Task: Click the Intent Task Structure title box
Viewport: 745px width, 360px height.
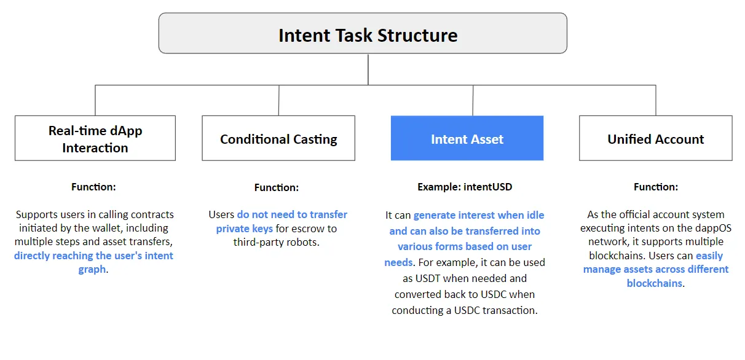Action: click(363, 33)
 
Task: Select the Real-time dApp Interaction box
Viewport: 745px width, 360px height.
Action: click(95, 138)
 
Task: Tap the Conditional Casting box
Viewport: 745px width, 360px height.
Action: click(278, 138)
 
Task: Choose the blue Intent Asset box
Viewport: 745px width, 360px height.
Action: click(467, 138)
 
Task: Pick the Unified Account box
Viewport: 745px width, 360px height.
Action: click(655, 138)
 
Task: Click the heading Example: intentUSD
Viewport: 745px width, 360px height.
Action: click(465, 187)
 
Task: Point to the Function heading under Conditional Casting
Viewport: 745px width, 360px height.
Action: click(277, 187)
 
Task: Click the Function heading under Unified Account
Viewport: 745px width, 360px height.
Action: click(655, 187)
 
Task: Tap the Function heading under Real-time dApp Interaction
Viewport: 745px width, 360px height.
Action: click(93, 187)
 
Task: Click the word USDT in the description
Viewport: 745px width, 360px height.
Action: click(428, 278)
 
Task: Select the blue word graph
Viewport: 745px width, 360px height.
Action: click(92, 270)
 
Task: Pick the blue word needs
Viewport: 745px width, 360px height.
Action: click(398, 262)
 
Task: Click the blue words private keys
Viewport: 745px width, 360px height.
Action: click(245, 229)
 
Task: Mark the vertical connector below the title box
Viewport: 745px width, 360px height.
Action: click(368, 69)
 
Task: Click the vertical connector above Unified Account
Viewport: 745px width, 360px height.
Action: click(656, 100)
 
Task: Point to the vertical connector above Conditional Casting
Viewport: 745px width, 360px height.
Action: click(278, 100)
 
